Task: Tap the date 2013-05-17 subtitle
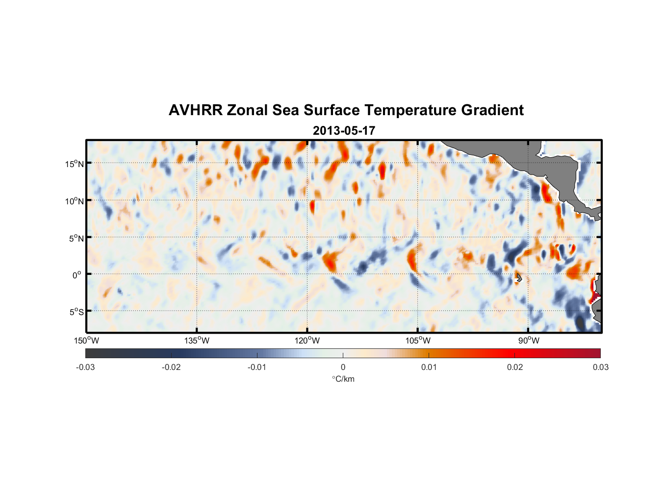pyautogui.click(x=344, y=131)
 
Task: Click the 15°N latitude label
pyautogui.click(x=75, y=164)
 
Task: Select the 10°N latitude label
pyautogui.click(x=75, y=201)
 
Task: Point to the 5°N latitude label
pyautogui.click(x=76, y=238)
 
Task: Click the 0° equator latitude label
pyautogui.click(x=77, y=275)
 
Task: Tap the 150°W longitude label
pyautogui.click(x=86, y=341)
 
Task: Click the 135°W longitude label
pyautogui.click(x=197, y=341)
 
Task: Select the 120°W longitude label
pyautogui.click(x=307, y=341)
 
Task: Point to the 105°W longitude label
pyautogui.click(x=418, y=341)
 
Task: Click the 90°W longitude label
pyautogui.click(x=529, y=341)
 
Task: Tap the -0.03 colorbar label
pyautogui.click(x=85, y=367)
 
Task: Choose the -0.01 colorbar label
pyautogui.click(x=257, y=367)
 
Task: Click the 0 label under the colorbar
pyautogui.click(x=343, y=367)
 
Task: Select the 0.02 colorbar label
pyautogui.click(x=515, y=367)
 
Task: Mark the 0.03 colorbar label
pyautogui.click(x=600, y=367)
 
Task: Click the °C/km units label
pyautogui.click(x=343, y=379)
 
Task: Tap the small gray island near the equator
pyautogui.click(x=518, y=278)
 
